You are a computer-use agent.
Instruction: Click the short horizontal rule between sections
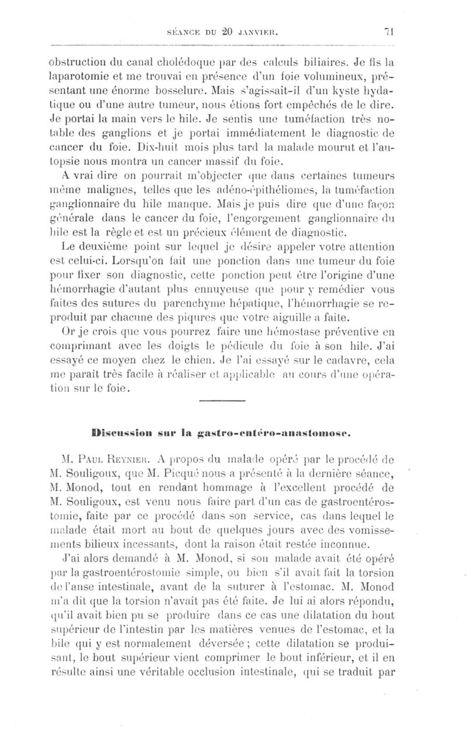click(x=222, y=400)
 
